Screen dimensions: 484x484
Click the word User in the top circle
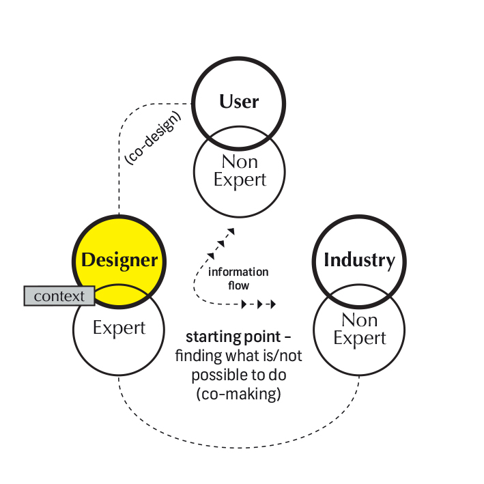tap(239, 102)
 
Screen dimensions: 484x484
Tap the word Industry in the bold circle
tap(359, 260)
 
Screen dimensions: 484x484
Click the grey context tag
tap(59, 296)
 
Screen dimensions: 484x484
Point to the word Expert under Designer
tap(119, 328)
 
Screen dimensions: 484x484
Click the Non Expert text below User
tap(239, 170)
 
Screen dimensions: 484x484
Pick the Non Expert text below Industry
tap(359, 329)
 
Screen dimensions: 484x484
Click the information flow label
tap(238, 278)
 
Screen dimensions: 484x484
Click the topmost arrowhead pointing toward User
tap(231, 232)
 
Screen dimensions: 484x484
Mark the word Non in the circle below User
tap(239, 161)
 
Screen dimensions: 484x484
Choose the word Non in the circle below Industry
tap(359, 319)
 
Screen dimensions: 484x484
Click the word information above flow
tap(238, 272)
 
